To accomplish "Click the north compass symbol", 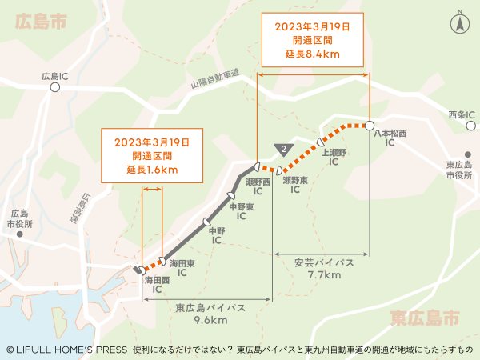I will pos(460,22).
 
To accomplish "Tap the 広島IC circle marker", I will pos(54,90).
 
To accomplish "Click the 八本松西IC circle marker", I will pos(370,125).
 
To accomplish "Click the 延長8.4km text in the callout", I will pos(312,54).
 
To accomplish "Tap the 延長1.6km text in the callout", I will pos(151,170).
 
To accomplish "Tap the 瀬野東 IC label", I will pos(295,186).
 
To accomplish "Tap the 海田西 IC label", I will pos(157,285).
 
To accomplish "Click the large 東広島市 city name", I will pos(425,318).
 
